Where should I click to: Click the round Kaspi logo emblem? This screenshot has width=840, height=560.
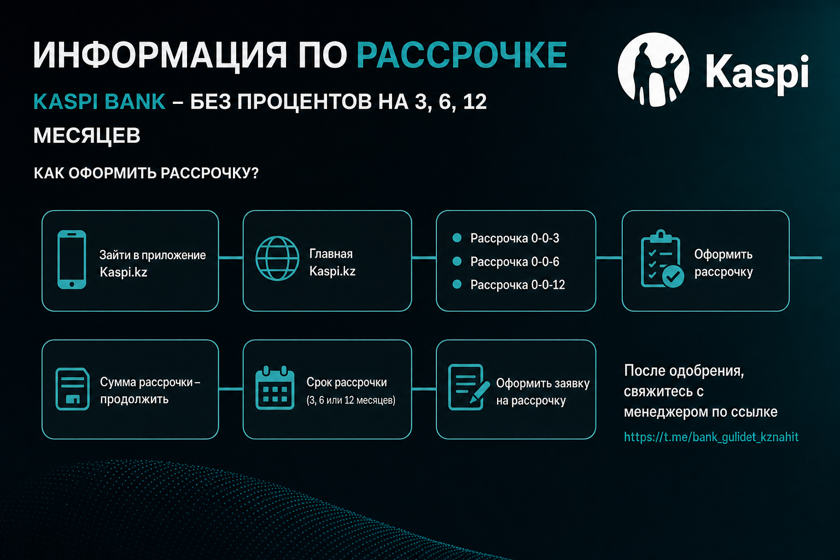coord(654,69)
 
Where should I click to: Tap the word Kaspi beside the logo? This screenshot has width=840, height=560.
coord(757,72)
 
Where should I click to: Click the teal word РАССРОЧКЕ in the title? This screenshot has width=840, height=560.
coord(462,55)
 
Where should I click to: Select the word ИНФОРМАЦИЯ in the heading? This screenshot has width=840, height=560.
coord(160,56)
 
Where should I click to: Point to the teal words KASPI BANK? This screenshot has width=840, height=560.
coord(100,102)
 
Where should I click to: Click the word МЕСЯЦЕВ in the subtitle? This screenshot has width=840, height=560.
coord(86,136)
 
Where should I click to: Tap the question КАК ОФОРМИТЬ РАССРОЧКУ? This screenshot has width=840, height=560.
coord(146,173)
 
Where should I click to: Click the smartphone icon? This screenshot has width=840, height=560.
coord(72,260)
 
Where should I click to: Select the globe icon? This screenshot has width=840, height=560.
coord(277,259)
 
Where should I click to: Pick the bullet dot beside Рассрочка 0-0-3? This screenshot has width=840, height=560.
coord(457,238)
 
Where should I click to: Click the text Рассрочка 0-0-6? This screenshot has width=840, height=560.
coord(515,261)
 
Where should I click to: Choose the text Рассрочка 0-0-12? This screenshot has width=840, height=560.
coord(517,285)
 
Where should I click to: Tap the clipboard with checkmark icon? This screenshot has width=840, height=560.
coord(662,259)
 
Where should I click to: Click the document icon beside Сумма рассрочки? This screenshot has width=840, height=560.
coord(72,389)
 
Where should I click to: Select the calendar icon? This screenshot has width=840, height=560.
coord(275,388)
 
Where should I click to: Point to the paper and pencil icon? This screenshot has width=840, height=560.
coord(469,387)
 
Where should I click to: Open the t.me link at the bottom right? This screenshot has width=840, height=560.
coord(711,437)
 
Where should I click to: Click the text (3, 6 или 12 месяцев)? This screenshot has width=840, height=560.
coord(351,400)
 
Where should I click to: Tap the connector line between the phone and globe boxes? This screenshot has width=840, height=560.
coord(231,258)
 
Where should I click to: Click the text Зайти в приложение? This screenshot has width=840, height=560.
coord(153,255)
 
